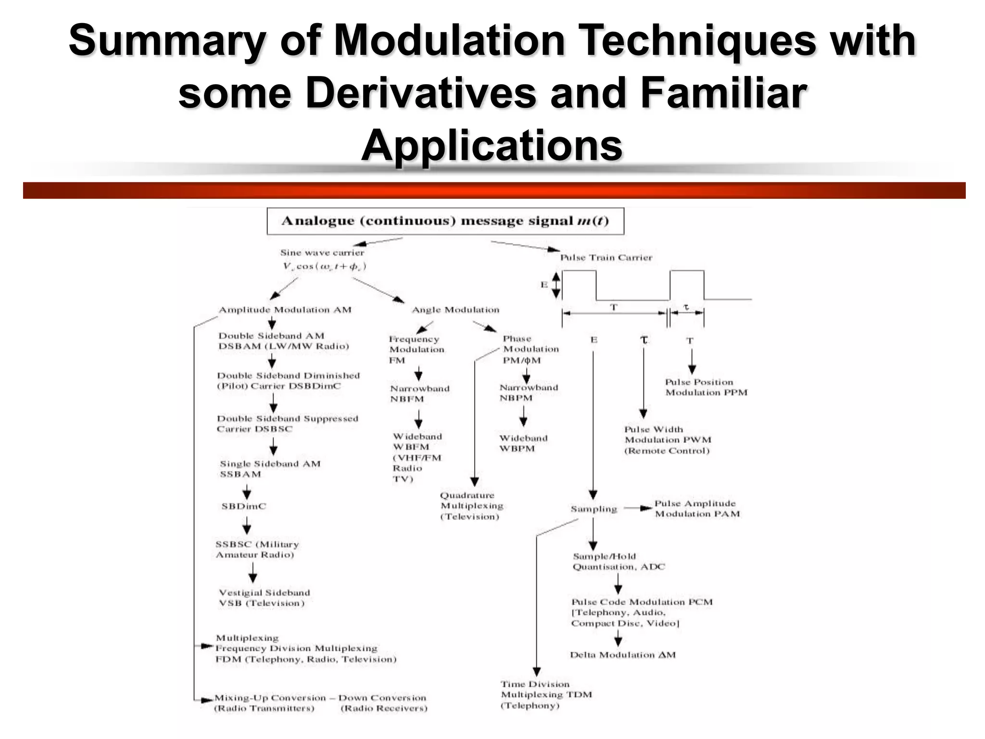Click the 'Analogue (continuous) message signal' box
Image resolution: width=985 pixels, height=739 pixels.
[445, 221]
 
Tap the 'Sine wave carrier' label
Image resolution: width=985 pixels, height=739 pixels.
[322, 253]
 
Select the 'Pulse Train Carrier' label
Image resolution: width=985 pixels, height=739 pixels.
[606, 257]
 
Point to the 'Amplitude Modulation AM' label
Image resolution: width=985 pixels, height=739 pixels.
[285, 310]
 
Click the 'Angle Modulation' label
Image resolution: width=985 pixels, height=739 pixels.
[455, 310]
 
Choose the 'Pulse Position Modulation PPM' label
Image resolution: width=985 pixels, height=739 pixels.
[706, 387]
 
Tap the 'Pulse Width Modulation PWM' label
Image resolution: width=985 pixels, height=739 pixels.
[668, 440]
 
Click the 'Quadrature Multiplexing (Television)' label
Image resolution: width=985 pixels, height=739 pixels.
[471, 506]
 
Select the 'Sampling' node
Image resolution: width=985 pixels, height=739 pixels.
[594, 509]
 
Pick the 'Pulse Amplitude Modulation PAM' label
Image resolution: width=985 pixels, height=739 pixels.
[697, 509]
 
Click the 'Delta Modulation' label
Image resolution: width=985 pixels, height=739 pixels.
[623, 655]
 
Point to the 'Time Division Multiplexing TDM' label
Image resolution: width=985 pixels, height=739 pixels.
[546, 695]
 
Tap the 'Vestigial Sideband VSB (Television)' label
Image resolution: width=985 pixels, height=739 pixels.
[265, 598]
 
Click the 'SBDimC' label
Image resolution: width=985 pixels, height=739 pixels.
[243, 506]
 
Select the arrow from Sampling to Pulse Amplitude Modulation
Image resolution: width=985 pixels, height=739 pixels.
[638, 508]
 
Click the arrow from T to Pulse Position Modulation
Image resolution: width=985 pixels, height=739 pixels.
[692, 361]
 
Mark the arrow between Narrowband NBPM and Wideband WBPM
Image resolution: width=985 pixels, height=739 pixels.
[523, 416]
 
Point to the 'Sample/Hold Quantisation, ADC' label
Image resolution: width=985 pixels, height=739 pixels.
[619, 561]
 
